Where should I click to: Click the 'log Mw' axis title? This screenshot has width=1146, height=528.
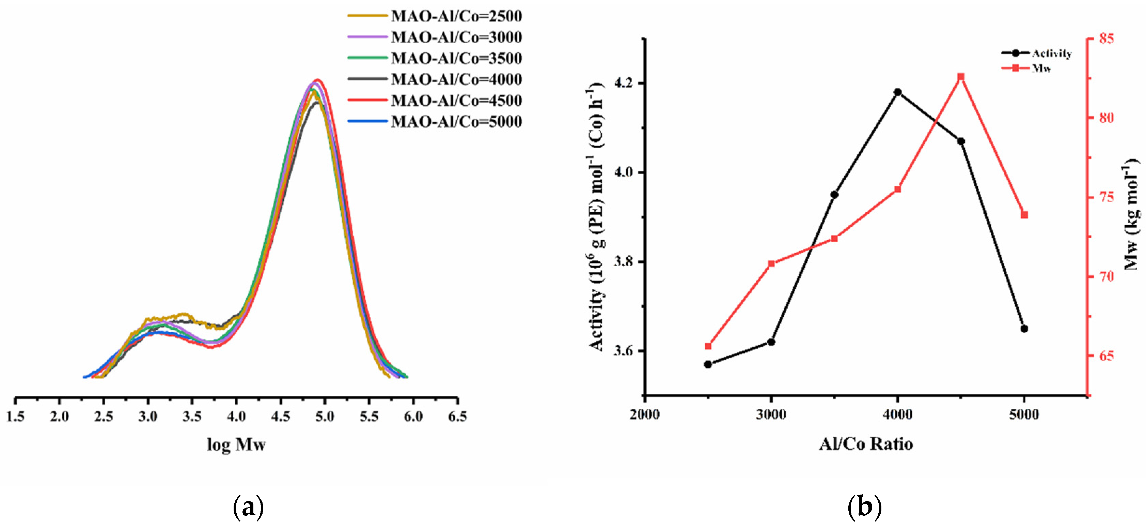coord(236,444)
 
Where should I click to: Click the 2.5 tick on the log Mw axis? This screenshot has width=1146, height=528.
coord(104,417)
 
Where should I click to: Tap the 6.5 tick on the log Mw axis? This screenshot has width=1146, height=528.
coord(457,417)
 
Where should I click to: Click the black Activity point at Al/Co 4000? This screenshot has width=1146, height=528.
coord(898,92)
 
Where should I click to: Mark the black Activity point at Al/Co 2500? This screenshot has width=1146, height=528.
coord(708,364)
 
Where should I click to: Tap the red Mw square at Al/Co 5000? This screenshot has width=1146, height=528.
coord(1024,215)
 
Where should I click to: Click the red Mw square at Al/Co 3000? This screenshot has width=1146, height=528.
coord(771,263)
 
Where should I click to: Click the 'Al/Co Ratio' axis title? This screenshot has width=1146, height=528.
coord(866,444)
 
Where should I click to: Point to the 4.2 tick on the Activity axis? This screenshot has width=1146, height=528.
coord(625,83)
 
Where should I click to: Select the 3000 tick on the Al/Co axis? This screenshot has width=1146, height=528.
coord(771,414)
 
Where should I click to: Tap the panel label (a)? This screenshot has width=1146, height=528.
coord(248,507)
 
